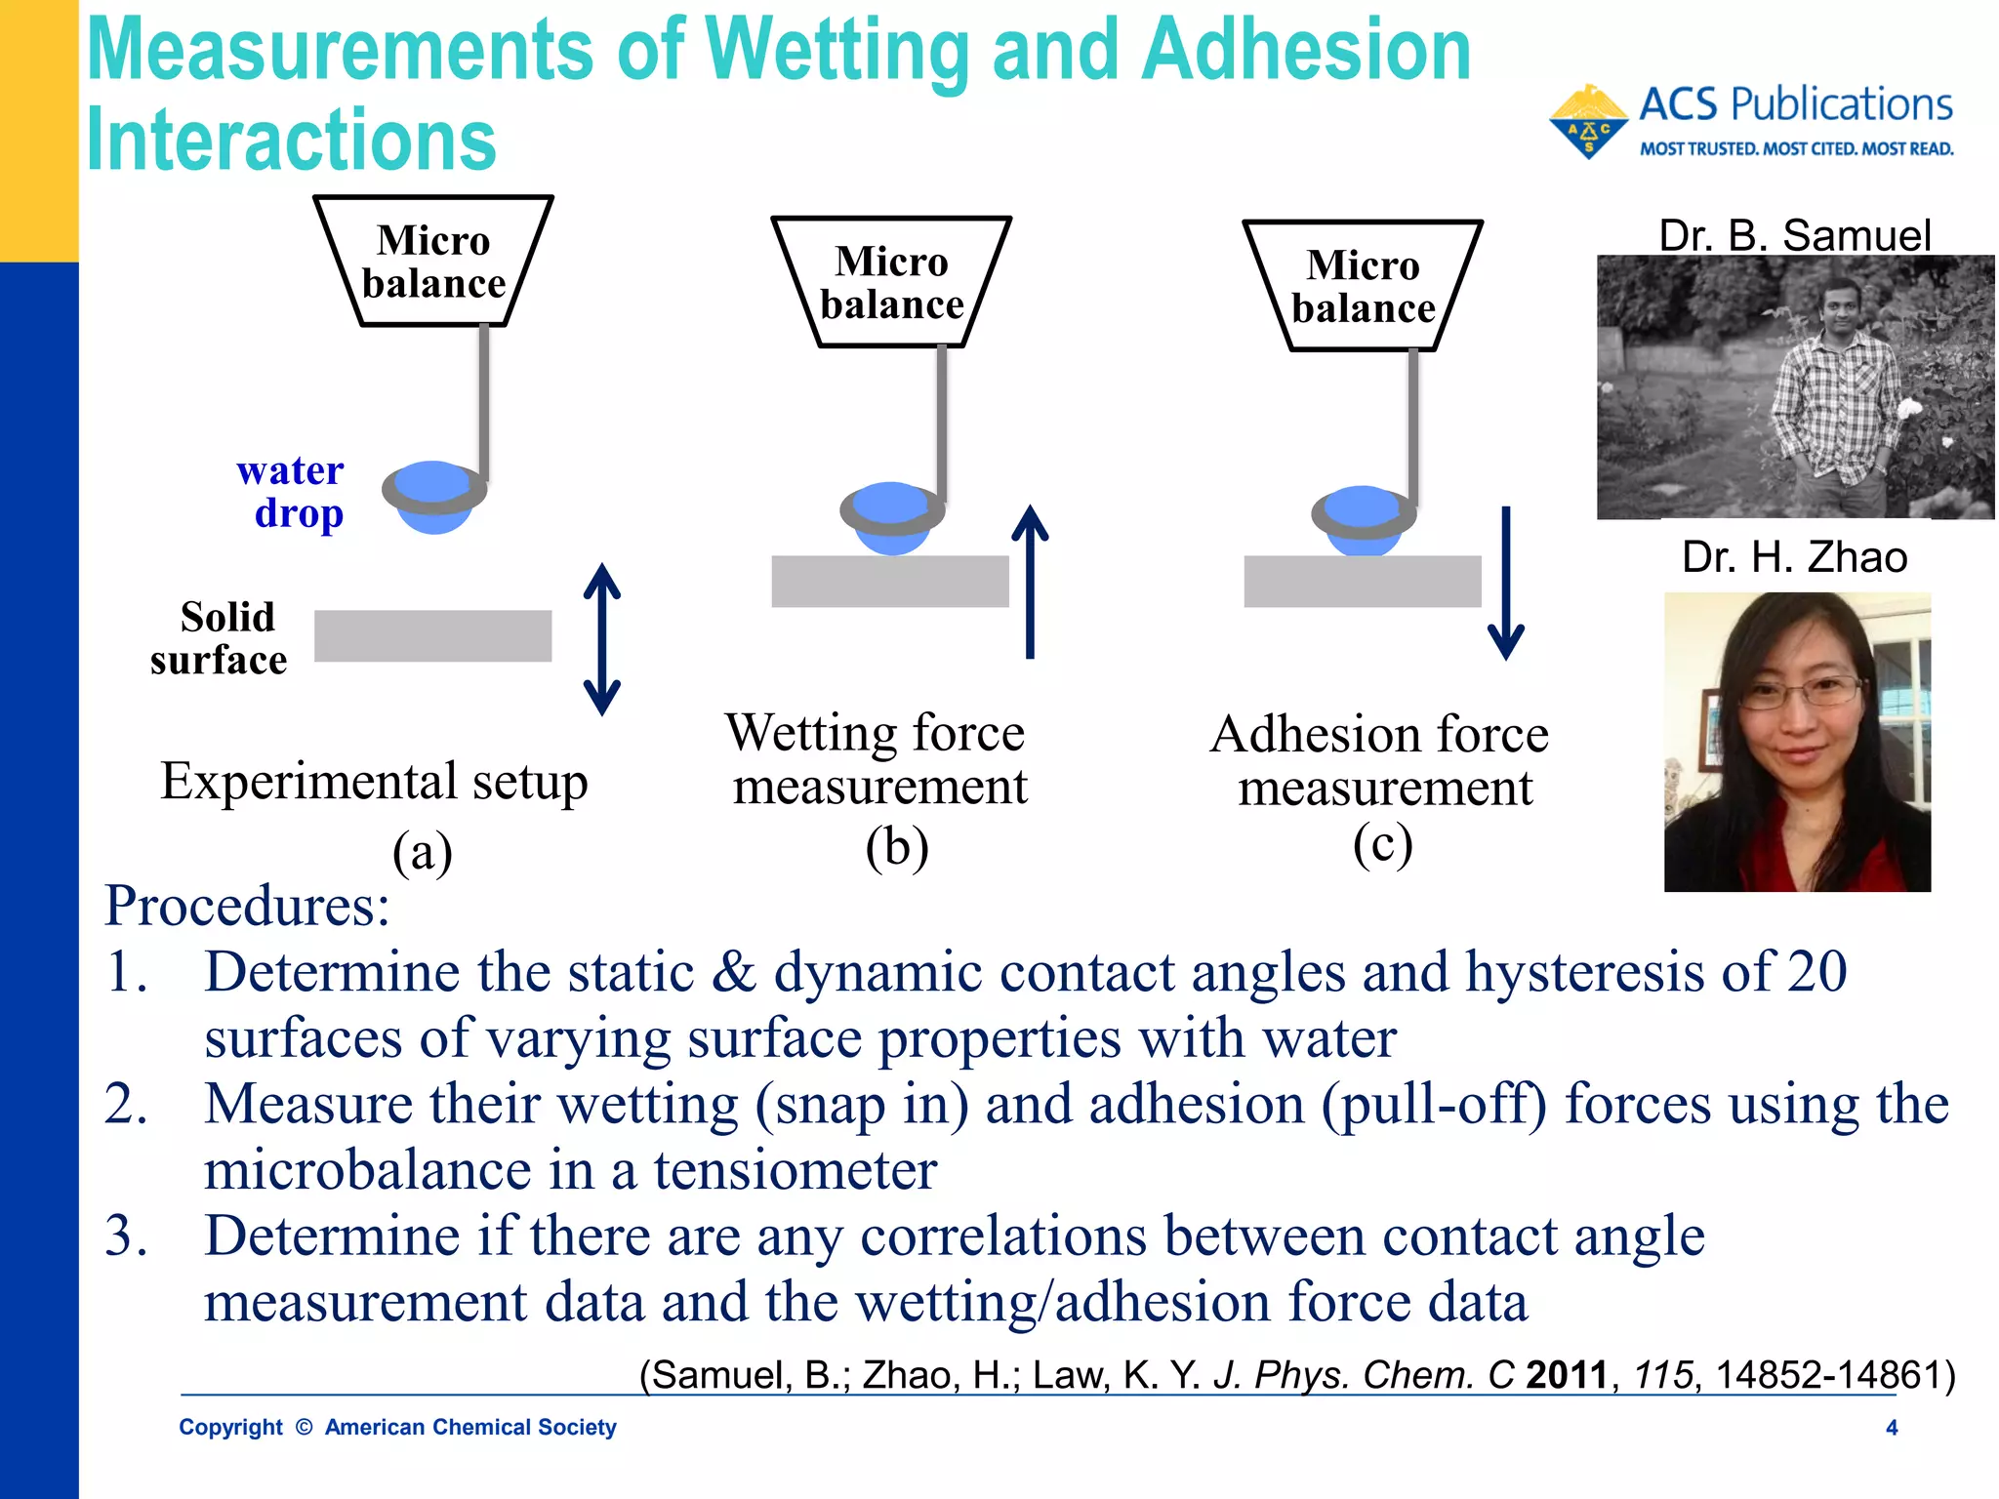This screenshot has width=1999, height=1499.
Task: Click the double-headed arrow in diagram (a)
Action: (x=601, y=639)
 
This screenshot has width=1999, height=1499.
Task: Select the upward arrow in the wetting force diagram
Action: (x=1030, y=582)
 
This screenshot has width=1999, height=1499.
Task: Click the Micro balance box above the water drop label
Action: (x=433, y=262)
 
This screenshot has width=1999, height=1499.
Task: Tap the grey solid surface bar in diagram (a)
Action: (x=432, y=636)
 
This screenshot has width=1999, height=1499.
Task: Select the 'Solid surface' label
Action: (x=221, y=638)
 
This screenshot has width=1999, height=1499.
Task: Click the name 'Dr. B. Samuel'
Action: (x=1794, y=235)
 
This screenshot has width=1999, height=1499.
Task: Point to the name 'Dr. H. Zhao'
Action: (x=1794, y=557)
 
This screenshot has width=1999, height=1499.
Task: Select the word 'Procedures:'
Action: (x=247, y=907)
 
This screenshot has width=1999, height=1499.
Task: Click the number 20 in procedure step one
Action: (x=1816, y=972)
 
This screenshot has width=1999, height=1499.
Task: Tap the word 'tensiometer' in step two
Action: (x=795, y=1170)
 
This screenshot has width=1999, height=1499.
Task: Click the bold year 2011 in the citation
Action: (x=1567, y=1375)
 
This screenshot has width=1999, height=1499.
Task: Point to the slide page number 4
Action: (x=1892, y=1428)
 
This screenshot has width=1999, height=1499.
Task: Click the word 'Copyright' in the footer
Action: (x=230, y=1428)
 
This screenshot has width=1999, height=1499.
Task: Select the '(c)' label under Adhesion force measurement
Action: (x=1382, y=844)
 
